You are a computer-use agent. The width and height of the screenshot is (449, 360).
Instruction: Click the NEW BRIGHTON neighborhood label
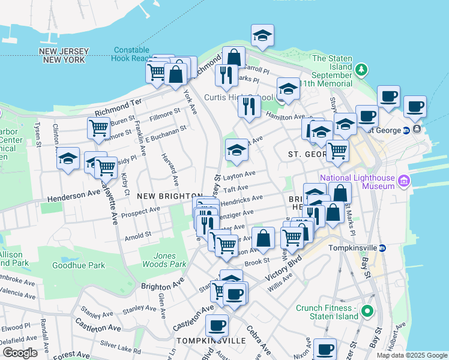tap(169, 196)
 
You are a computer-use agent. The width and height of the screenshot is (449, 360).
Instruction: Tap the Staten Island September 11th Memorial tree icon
tap(361, 70)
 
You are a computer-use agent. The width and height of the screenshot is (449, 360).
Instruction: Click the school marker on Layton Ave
tap(237, 150)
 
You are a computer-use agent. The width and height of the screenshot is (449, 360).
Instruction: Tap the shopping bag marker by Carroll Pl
tap(234, 58)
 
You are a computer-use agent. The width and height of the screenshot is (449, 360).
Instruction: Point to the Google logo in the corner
tap(20, 353)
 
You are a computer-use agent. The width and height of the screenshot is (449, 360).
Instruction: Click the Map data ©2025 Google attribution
tap(412, 355)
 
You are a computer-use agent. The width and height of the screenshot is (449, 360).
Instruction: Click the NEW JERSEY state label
tap(63, 52)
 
